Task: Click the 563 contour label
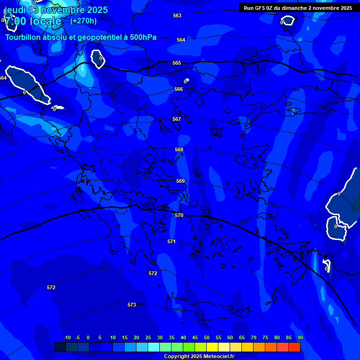(x=177, y=15)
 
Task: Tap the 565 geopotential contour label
(x=177, y=63)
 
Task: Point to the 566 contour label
(x=179, y=89)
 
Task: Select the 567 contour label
(x=177, y=119)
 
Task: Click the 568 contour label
(x=179, y=150)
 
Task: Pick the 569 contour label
(x=180, y=181)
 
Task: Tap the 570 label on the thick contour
(x=179, y=215)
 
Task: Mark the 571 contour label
(x=172, y=241)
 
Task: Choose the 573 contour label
(x=132, y=305)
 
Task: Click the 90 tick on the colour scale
(x=300, y=337)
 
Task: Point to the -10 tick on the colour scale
(x=67, y=337)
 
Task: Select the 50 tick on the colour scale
(x=207, y=337)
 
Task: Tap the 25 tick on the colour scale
(x=148, y=337)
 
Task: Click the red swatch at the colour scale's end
(x=294, y=347)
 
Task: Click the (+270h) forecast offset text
(x=83, y=21)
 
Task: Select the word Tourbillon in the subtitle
(x=23, y=37)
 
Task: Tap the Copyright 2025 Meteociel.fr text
(x=199, y=357)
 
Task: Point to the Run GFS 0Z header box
(x=298, y=8)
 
